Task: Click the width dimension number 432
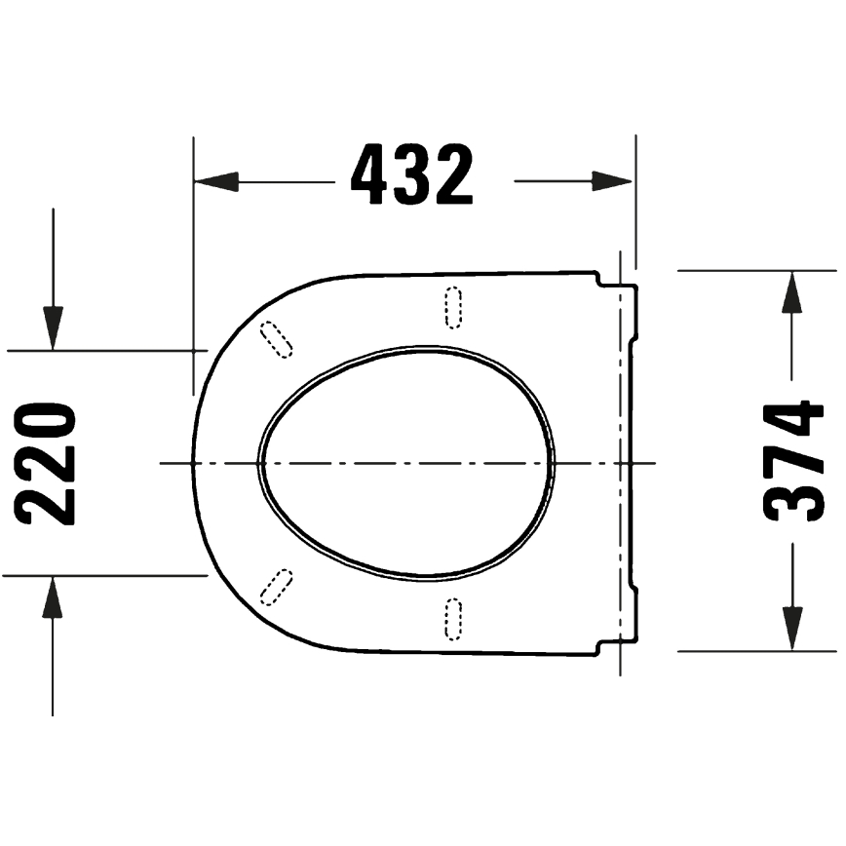pos(411,175)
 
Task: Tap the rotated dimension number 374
pos(794,461)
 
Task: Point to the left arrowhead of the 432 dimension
pos(216,181)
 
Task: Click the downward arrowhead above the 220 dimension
pos(53,327)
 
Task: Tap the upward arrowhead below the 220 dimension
pos(53,597)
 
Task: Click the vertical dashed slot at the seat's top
pos(453,306)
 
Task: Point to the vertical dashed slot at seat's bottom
pos(453,619)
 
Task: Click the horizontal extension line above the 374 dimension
pos(755,271)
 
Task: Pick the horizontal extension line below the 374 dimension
pos(755,650)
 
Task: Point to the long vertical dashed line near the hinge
pos(621,463)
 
